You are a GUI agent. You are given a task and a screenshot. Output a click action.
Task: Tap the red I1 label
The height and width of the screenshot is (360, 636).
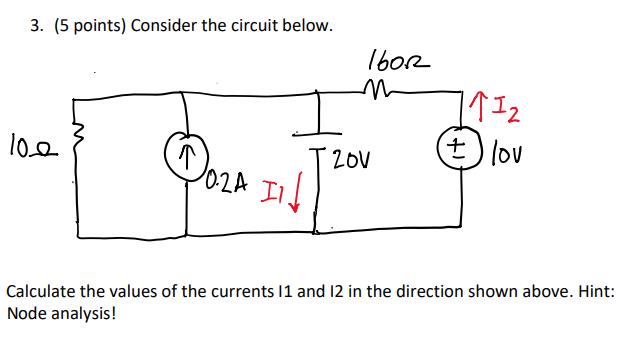click(272, 186)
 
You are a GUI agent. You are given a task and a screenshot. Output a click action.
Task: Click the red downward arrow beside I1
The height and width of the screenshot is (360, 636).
click(297, 187)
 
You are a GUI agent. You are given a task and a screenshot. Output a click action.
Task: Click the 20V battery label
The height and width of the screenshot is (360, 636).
click(352, 159)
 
